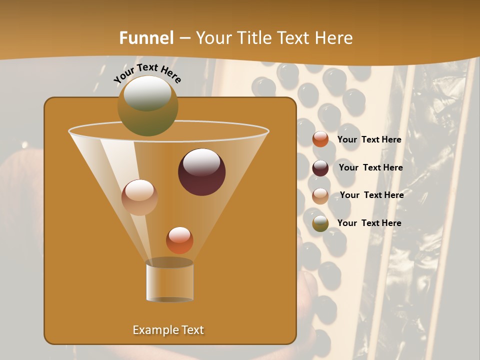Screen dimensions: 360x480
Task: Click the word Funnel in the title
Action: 146,37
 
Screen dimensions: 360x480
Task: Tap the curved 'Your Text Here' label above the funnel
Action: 147,73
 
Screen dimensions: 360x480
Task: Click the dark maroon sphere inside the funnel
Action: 202,172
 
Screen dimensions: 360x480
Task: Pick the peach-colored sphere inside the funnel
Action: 139,197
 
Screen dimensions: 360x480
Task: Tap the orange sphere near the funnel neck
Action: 179,240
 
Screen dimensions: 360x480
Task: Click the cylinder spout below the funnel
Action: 170,282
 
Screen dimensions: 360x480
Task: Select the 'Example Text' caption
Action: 168,330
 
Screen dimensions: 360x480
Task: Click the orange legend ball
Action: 320,139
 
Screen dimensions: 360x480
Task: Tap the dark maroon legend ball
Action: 320,168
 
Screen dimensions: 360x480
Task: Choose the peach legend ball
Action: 320,195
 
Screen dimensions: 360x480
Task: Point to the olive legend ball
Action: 320,223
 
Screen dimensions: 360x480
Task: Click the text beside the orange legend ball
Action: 369,139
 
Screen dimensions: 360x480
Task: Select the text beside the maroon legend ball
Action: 370,167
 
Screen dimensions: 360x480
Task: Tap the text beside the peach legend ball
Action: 371,195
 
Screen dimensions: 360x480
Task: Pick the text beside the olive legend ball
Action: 369,223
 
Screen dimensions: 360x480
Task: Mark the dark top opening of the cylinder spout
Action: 169,262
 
